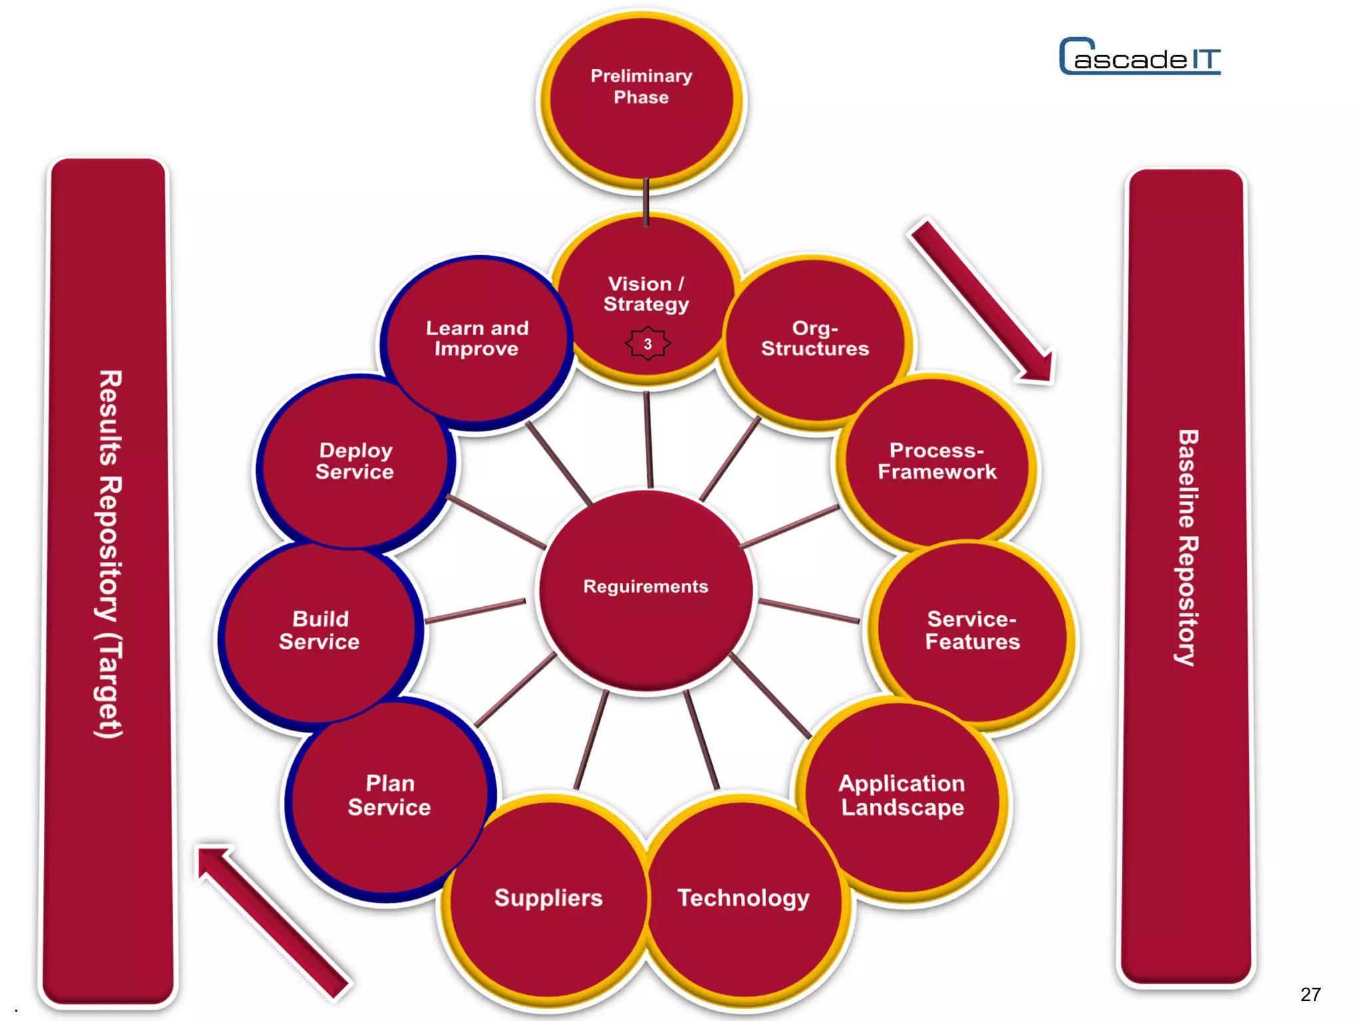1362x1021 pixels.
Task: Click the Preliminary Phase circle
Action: click(642, 100)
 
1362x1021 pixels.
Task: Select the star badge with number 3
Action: click(648, 344)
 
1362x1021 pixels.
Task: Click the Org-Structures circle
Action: click(815, 339)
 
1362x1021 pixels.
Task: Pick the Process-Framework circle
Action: click(937, 461)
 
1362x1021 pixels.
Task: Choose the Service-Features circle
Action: click(972, 631)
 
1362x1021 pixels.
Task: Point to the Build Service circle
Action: click(320, 631)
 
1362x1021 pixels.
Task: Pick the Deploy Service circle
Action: click(355, 461)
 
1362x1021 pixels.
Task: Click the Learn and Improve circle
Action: click(477, 338)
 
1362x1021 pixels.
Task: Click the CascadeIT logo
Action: click(1140, 57)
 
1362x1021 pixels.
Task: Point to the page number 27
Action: click(1310, 994)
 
